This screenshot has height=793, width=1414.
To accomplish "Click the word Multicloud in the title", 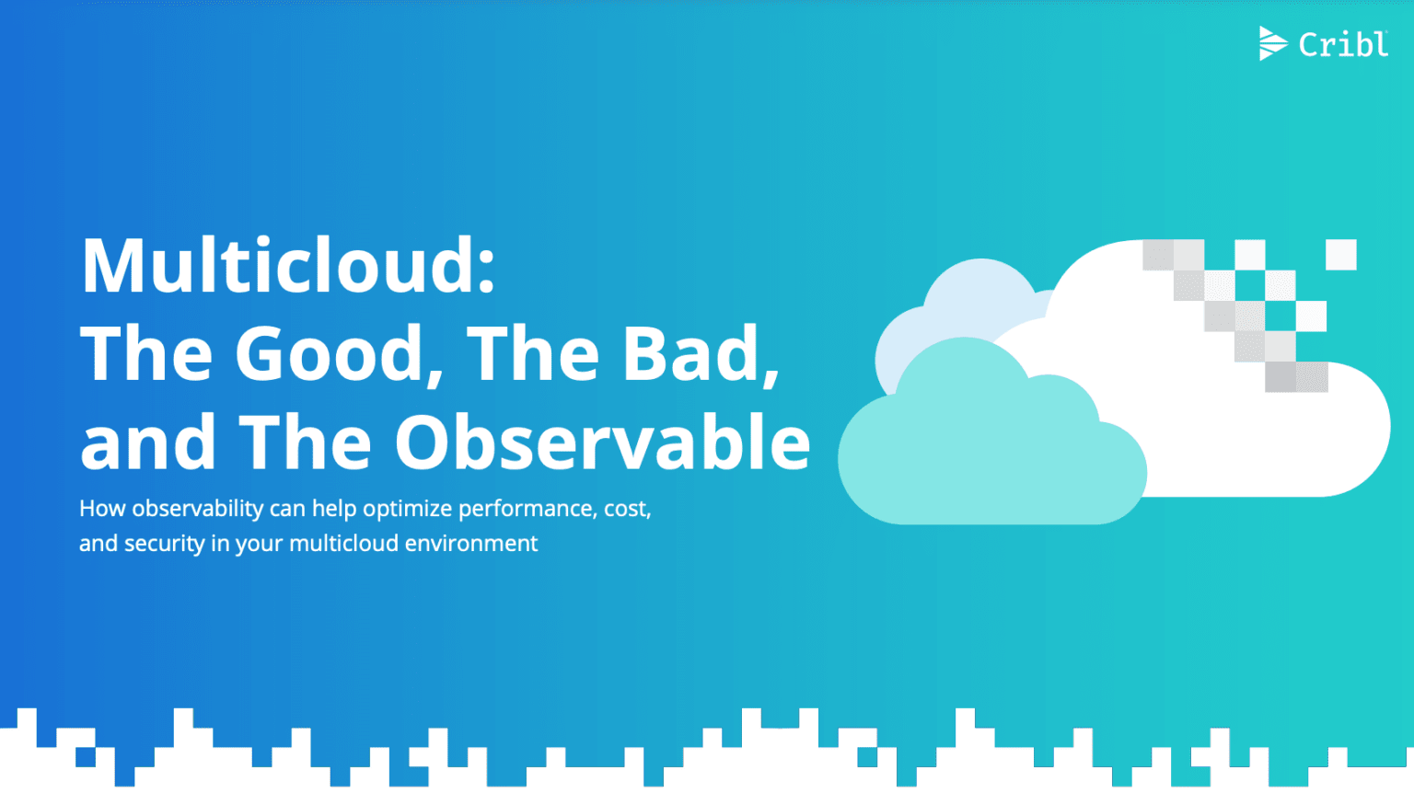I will tap(276, 266).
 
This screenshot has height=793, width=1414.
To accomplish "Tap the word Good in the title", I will tap(330, 354).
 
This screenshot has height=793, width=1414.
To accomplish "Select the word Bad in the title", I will tap(692, 354).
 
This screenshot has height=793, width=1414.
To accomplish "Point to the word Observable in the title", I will tap(603, 442).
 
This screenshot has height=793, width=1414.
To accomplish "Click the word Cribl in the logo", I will tap(1342, 44).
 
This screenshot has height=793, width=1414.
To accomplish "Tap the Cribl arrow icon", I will tap(1271, 43).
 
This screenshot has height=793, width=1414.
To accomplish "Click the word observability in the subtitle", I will tap(197, 509).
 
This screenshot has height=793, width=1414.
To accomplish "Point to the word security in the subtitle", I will tap(164, 544).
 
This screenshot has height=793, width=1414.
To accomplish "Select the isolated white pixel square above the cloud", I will tap(1340, 255).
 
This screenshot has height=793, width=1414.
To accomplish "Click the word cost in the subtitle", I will tap(627, 509).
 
